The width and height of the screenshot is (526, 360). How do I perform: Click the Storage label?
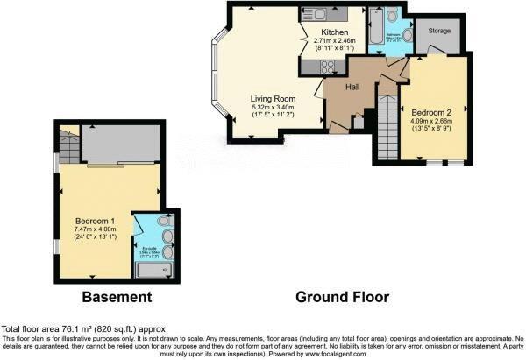click(439, 30)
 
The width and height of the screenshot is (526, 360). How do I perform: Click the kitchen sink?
click(312, 14)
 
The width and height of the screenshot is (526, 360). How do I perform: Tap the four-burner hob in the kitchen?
click(329, 66)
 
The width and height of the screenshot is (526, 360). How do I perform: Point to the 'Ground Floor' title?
click(336, 299)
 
